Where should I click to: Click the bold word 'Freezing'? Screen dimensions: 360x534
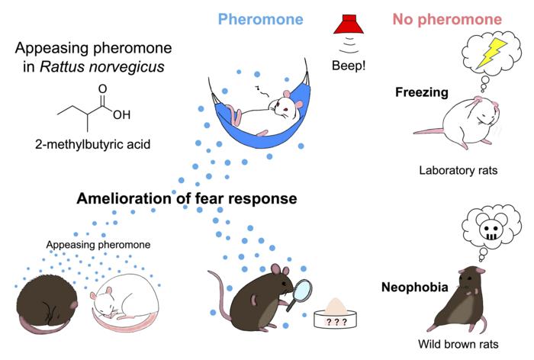pyautogui.click(x=421, y=92)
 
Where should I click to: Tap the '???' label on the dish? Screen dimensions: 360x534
pyautogui.click(x=336, y=322)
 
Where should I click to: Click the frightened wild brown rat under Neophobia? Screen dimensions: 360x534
pyautogui.click(x=458, y=297)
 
